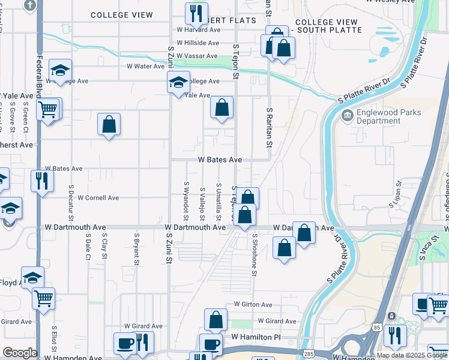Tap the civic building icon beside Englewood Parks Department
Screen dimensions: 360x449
(x=346, y=115)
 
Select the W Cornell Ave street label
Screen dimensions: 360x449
(x=98, y=198)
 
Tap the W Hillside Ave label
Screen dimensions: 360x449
(x=197, y=43)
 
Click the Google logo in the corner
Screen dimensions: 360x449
(x=19, y=353)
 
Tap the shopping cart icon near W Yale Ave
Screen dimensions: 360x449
(x=47, y=109)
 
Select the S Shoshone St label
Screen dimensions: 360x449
(x=255, y=255)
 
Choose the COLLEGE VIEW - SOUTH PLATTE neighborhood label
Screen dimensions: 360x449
(x=327, y=26)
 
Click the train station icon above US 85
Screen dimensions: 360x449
(x=391, y=316)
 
